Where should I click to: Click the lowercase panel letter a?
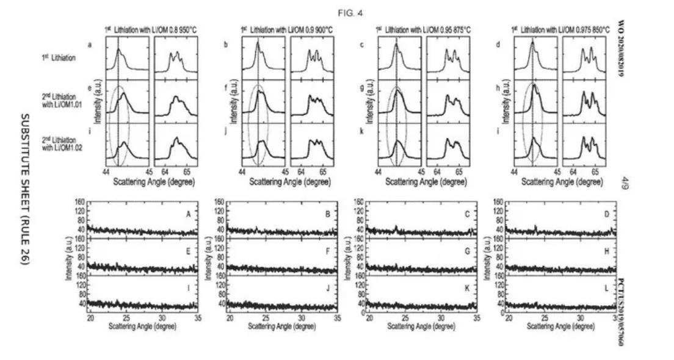click(x=90, y=45)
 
